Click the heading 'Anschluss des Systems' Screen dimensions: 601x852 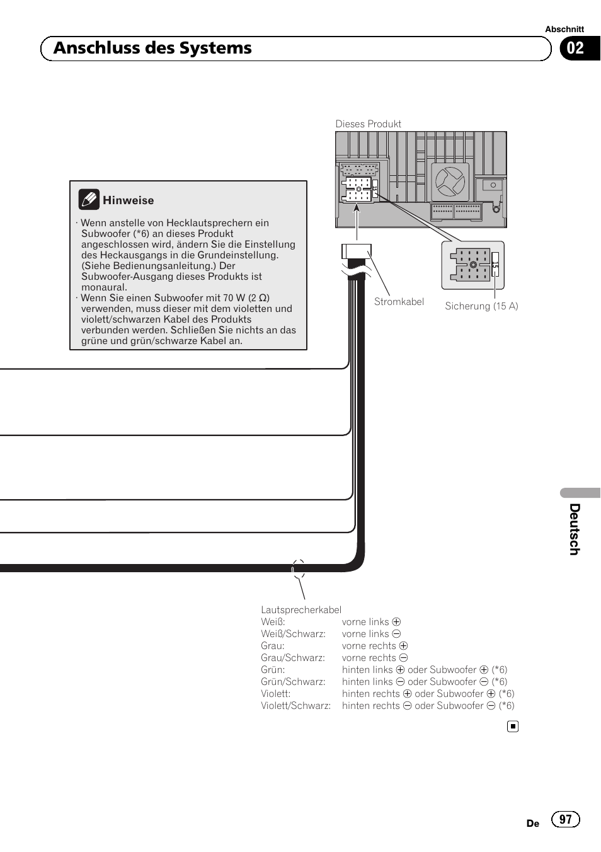coord(152,49)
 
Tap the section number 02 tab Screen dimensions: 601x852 coord(575,49)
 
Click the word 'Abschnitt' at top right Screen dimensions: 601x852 coord(564,29)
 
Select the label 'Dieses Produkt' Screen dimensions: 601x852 coord(368,124)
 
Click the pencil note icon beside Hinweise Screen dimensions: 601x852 coord(89,200)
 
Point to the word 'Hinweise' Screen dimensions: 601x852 coord(128,200)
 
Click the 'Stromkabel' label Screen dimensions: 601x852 coord(399,302)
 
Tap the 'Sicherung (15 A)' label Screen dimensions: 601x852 coord(481,306)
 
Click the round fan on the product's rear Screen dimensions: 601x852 coord(450,181)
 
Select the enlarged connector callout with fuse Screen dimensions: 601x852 coord(473,265)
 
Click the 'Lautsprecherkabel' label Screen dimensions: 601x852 coord(301,610)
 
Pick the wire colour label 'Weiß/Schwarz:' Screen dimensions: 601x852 coord(293,634)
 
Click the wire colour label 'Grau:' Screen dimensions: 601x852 coord(273,646)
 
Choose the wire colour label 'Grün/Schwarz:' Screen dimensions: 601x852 coord(293,682)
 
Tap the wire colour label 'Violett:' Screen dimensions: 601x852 coord(276,694)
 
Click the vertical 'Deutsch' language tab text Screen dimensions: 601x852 coord(574,529)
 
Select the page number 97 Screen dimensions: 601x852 coord(565,819)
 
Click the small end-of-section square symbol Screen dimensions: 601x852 coord(513,727)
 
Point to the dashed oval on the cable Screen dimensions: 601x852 coord(299,569)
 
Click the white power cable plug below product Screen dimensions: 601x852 coord(357,251)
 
